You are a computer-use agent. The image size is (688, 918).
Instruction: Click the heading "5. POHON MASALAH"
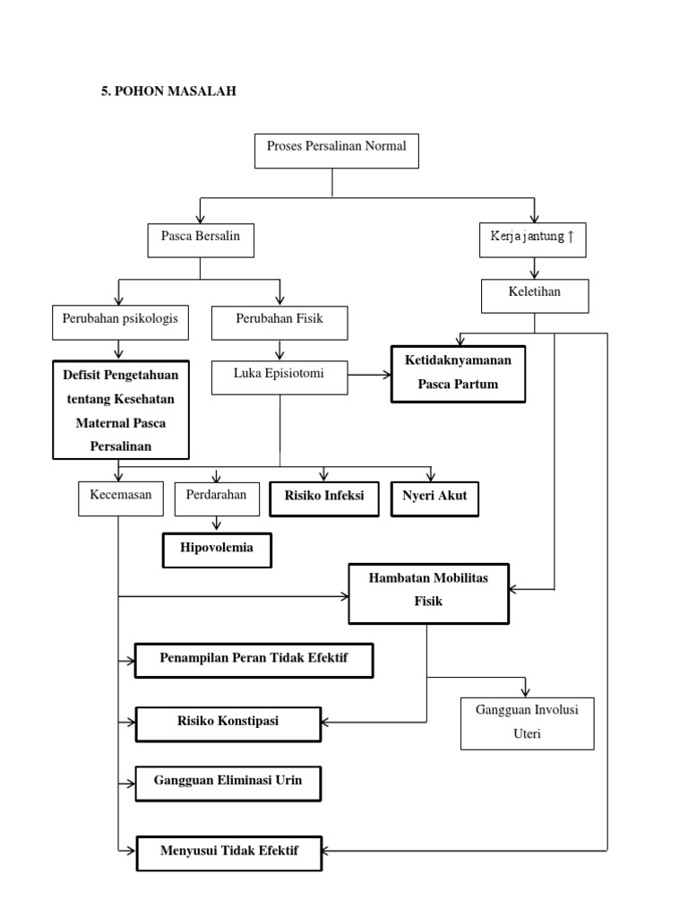[x=168, y=91]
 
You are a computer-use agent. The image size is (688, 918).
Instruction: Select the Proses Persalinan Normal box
[x=336, y=152]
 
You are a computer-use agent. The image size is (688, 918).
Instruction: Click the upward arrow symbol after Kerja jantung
[x=571, y=237]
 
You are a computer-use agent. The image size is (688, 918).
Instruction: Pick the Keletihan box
[x=535, y=295]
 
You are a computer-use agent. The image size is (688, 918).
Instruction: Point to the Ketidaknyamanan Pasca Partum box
[x=458, y=372]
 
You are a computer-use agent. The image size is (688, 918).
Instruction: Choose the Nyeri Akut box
[x=434, y=498]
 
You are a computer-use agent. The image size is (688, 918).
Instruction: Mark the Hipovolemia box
[x=216, y=550]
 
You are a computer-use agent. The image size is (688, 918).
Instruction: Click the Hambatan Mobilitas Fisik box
[x=428, y=592]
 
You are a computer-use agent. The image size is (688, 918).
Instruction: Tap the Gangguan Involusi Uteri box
[x=527, y=723]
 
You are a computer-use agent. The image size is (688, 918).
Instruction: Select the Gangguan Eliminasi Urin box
[x=228, y=782]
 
